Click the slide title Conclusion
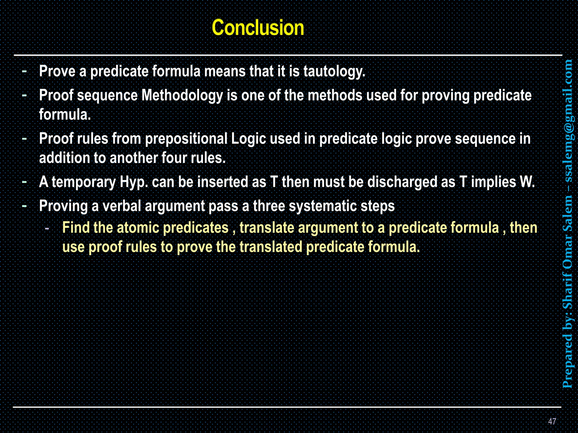click(258, 28)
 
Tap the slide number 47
click(552, 421)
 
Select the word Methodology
click(182, 96)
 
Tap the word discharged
click(402, 182)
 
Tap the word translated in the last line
click(271, 247)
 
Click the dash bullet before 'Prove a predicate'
click(25, 71)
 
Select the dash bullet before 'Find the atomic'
click(47, 228)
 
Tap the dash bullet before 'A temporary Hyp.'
click(25, 182)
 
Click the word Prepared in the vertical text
click(567, 364)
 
